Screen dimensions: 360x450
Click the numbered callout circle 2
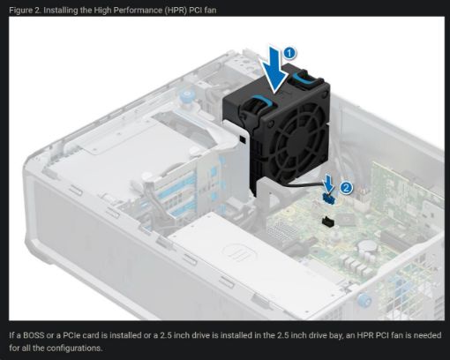pos(346,186)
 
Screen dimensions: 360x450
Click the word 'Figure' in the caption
pos(21,8)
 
